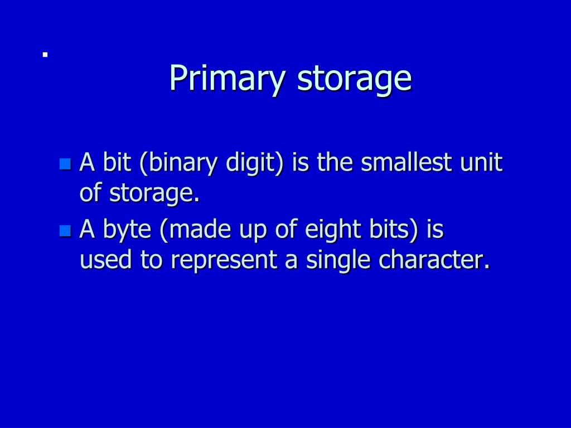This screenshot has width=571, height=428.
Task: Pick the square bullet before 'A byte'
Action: pyautogui.click(x=65, y=230)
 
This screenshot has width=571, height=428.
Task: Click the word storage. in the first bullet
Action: pyautogui.click(x=154, y=193)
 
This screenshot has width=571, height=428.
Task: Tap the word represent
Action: pyautogui.click(x=222, y=261)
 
